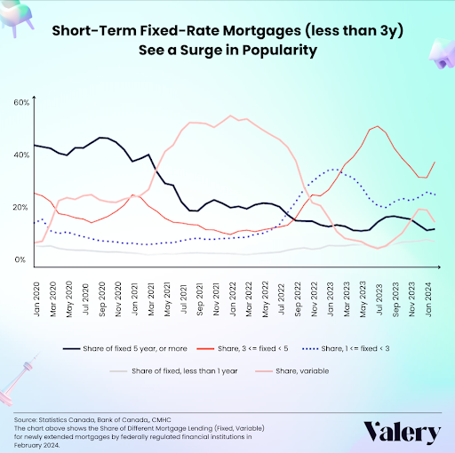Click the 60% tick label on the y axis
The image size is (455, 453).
click(21, 103)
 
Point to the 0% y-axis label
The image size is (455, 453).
click(20, 259)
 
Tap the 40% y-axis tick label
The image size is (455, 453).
click(21, 155)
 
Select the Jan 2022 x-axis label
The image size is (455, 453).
click(233, 299)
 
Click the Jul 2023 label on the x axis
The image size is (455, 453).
click(379, 299)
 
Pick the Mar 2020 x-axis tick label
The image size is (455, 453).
click(53, 299)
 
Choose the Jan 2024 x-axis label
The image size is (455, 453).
click(428, 299)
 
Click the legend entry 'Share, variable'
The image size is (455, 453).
click(293, 371)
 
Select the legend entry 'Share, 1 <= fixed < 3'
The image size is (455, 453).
click(346, 349)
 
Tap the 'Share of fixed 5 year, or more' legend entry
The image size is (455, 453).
click(125, 349)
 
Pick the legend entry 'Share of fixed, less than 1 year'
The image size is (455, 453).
click(174, 371)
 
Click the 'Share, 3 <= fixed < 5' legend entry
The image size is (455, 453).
click(243, 349)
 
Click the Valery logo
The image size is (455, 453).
click(402, 433)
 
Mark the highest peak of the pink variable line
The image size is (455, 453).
click(231, 115)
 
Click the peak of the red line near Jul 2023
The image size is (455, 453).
click(377, 126)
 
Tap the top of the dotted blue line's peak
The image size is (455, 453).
click(335, 169)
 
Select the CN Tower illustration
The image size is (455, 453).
click(19, 379)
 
